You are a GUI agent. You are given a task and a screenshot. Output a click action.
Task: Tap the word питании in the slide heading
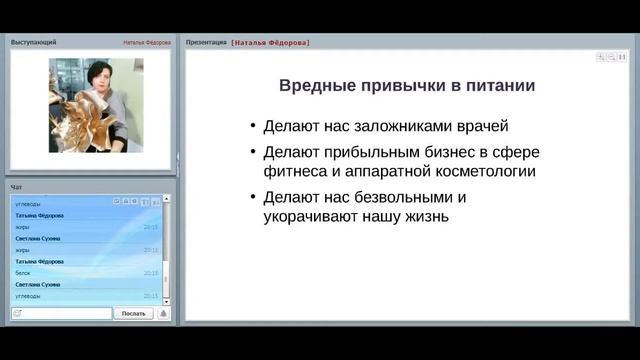498,86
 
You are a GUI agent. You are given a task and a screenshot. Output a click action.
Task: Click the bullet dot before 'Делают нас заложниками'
251,128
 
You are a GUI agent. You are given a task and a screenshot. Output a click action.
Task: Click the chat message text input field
66,313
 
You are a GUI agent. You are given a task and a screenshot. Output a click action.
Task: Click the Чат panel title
16,187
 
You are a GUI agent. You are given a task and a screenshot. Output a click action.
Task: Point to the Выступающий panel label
33,43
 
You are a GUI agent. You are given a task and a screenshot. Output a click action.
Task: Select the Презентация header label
206,43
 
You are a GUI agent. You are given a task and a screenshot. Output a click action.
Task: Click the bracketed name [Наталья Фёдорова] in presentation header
270,43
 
